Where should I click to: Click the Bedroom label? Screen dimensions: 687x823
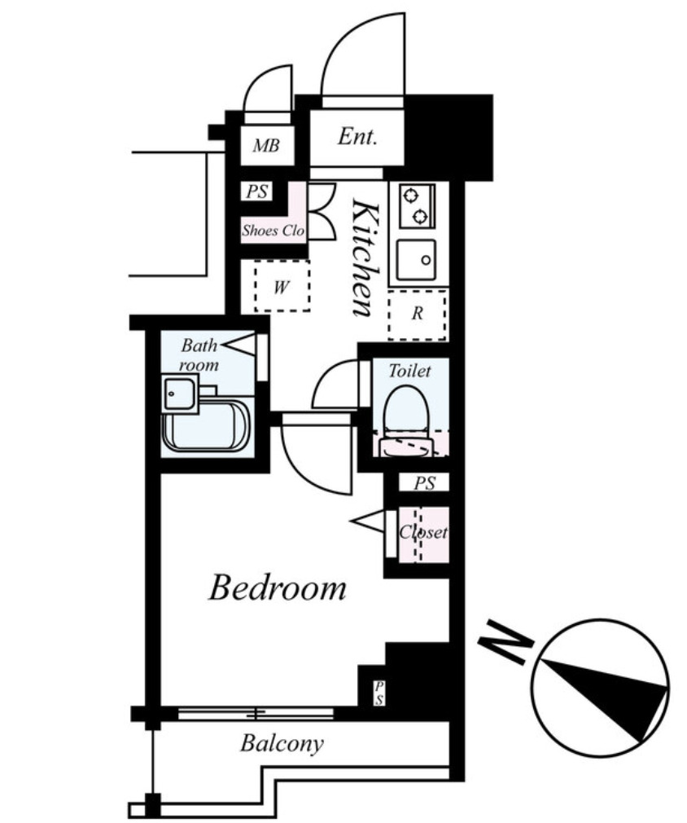[278, 588]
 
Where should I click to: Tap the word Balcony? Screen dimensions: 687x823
[282, 744]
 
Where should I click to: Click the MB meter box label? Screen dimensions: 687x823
[266, 145]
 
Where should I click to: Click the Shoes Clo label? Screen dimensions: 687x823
[273, 231]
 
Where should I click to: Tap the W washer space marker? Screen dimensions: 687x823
[282, 287]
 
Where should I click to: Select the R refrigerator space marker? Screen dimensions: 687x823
[417, 314]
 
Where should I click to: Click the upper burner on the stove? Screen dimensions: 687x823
[409, 196]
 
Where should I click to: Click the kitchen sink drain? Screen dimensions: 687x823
[426, 260]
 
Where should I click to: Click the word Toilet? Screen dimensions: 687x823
[409, 371]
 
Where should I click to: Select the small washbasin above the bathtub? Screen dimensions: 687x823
[179, 394]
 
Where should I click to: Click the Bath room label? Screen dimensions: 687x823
[199, 354]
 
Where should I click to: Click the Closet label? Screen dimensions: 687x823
[423, 532]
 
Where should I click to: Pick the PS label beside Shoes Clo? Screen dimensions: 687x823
[257, 191]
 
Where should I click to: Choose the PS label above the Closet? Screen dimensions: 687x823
[424, 483]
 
